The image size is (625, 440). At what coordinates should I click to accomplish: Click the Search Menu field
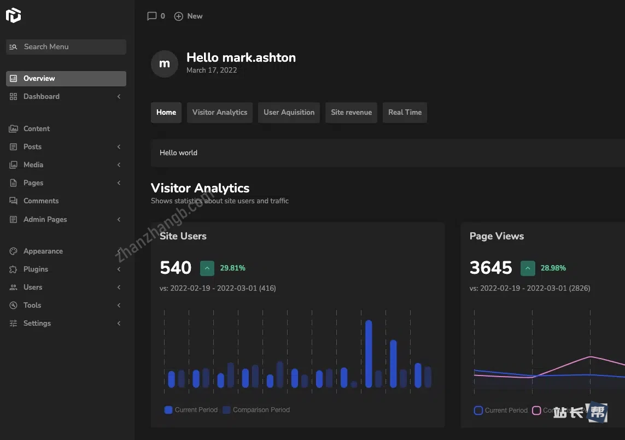pos(66,47)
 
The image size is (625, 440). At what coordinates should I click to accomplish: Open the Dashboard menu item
pos(42,97)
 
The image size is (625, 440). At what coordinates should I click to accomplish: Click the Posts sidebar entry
pos(33,147)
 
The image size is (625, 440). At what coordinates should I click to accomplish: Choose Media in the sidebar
pos(33,165)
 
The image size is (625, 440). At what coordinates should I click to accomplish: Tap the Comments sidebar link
pos(41,201)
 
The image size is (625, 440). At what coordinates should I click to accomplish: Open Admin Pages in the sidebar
pos(45,220)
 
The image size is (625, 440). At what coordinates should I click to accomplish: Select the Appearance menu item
pos(43,251)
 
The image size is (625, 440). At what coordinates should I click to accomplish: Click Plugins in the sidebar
pos(36,269)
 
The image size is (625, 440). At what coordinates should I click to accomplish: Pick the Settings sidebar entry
pos(37,324)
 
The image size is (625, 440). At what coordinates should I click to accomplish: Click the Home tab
pos(166,113)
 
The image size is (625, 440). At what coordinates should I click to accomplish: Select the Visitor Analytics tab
pos(220,113)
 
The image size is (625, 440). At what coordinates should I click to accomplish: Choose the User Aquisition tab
pos(289,113)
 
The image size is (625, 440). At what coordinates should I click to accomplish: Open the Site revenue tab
pos(351,113)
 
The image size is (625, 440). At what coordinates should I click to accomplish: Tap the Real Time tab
pos(405,113)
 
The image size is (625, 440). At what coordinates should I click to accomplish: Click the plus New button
pos(188,16)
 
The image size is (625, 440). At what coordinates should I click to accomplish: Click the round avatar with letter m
pos(165,64)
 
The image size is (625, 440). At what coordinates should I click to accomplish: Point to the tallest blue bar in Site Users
pos(369,354)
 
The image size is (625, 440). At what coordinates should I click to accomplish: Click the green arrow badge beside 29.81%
pos(207,268)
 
